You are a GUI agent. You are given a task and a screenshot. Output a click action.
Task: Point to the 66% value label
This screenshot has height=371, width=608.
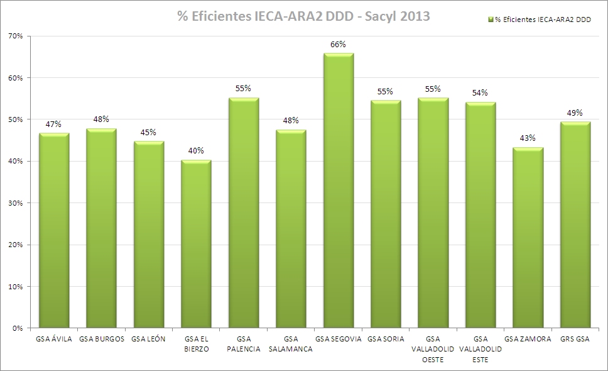tap(339, 45)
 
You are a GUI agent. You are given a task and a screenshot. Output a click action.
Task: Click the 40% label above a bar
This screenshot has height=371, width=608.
tap(196, 151)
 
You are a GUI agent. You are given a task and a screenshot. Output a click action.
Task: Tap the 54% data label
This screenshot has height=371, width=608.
tap(480, 93)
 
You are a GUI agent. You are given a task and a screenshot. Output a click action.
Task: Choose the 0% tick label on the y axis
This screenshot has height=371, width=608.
tap(18, 328)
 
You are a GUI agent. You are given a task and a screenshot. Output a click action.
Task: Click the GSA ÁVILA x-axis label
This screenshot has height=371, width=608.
tap(54, 339)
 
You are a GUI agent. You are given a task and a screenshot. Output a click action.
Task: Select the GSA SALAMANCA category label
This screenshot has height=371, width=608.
tap(291, 344)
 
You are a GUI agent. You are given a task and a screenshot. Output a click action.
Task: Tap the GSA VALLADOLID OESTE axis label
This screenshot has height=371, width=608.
tap(433, 349)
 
